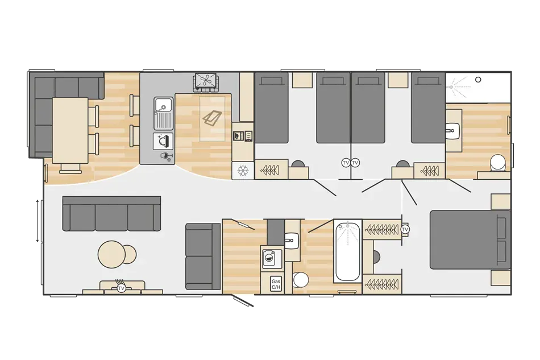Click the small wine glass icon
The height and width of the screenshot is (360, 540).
coord(165,156)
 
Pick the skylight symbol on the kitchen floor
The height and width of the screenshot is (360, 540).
coord(212,118)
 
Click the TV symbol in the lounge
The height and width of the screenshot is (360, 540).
coord(121,288)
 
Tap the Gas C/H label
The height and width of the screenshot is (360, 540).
coord(276,284)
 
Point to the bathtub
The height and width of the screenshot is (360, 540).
coord(348,250)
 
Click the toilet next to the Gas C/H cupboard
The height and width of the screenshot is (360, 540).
coord(300,279)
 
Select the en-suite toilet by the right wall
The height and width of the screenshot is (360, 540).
coord(499,163)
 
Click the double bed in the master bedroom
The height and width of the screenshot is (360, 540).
coord(470,239)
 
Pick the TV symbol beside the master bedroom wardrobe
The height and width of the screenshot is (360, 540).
coord(405,229)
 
